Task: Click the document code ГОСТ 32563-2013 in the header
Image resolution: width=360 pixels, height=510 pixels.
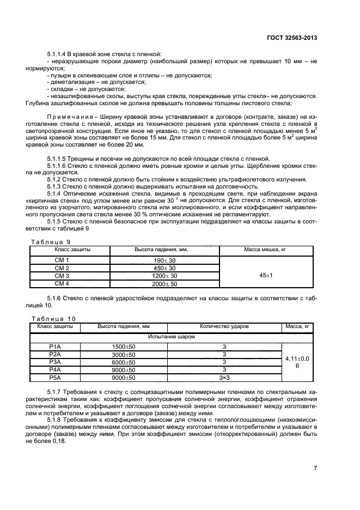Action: [292, 38]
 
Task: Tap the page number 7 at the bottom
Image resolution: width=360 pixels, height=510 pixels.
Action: [315, 468]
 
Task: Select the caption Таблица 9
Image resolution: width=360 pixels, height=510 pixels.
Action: [50, 241]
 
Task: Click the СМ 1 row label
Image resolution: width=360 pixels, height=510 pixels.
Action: [62, 260]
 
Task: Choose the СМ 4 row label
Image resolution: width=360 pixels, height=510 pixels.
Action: [62, 283]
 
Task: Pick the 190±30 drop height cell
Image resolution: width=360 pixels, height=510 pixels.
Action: [165, 260]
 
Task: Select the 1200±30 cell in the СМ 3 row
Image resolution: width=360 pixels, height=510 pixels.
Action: [164, 276]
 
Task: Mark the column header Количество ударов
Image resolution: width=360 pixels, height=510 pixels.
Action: [224, 326]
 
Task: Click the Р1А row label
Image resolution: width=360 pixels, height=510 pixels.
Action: [55, 347]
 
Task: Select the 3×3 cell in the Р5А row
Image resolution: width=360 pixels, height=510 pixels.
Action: [224, 377]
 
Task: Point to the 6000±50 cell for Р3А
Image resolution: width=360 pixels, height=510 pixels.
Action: [123, 362]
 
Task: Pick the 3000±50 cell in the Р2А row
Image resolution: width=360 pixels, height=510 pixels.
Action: [123, 354]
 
